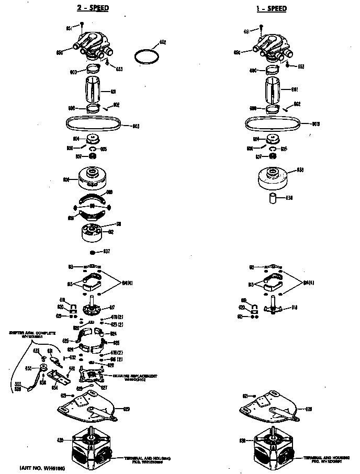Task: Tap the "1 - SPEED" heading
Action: (x=272, y=8)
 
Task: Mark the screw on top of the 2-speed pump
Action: (x=83, y=24)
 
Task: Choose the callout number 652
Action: (x=162, y=42)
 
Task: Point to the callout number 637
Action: (x=106, y=252)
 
